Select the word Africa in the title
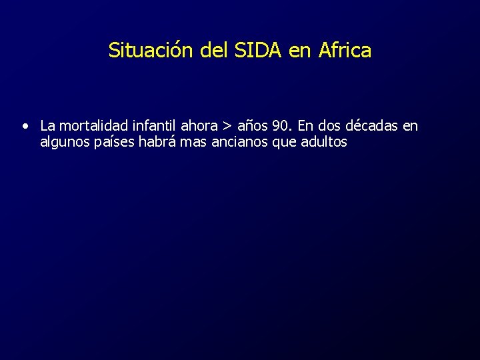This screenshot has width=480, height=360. [x=345, y=51]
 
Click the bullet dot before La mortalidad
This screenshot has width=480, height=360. [x=25, y=125]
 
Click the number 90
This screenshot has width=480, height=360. [x=281, y=126]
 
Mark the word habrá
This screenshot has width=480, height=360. [x=157, y=142]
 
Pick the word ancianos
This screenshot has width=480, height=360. [x=241, y=142]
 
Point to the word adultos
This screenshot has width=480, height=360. [x=323, y=142]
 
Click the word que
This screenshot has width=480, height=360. [x=284, y=143]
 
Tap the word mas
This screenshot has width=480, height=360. [x=195, y=142]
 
